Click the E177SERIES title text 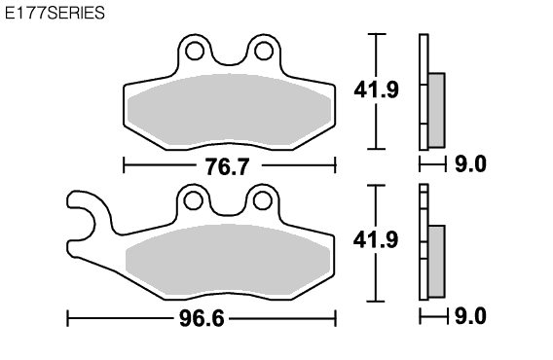click(55, 13)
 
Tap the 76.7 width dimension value click(228, 166)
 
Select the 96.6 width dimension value click(202, 319)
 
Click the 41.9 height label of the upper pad click(377, 90)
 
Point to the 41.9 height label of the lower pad click(376, 239)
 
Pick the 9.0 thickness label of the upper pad click(470, 164)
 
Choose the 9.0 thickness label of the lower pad click(470, 316)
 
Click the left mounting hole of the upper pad click(195, 51)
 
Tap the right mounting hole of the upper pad click(264, 51)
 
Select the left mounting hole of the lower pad click(194, 201)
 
